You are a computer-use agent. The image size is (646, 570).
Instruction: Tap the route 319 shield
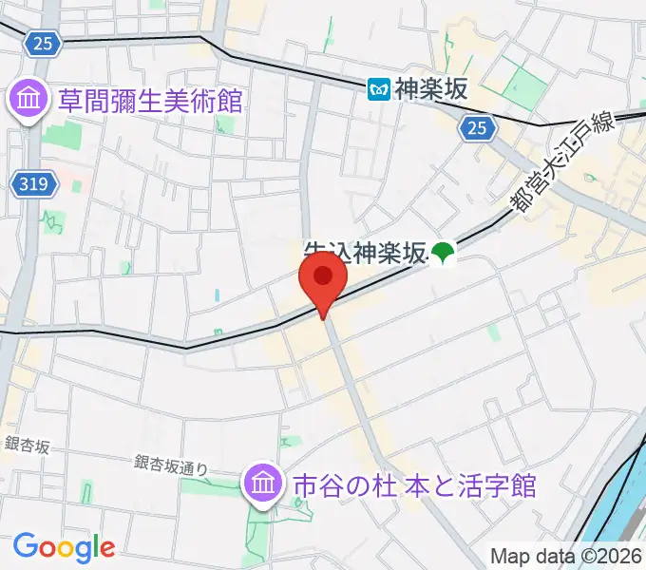coord(34,184)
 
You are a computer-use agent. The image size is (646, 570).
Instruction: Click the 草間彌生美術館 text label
coord(149,100)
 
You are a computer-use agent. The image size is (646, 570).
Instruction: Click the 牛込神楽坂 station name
coord(365,253)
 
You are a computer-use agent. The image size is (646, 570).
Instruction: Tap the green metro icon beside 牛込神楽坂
coord(443,252)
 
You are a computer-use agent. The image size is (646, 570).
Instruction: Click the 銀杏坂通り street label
coord(171,465)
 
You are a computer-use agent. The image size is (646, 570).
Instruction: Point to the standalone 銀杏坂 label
coord(27,444)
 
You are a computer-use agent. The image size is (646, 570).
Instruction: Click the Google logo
coord(64,547)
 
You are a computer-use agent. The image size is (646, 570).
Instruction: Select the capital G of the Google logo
coord(25,546)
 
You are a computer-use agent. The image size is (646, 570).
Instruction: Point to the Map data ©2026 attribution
coord(566,556)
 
